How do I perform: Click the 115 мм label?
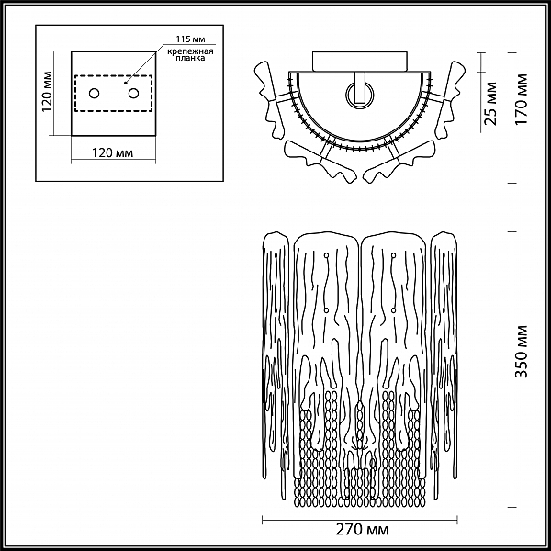point(190,39)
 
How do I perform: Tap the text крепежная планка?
point(190,55)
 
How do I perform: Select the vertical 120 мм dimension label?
point(47,92)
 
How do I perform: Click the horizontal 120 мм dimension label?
point(112,152)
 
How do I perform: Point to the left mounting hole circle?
point(95,94)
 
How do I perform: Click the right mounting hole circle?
point(133,94)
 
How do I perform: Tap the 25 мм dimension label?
point(490,103)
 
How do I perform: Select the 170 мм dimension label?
point(522,99)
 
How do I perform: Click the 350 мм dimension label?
point(522,352)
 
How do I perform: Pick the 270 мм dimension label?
point(362,530)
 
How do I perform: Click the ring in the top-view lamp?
point(360,96)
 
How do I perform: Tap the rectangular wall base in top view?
point(360,62)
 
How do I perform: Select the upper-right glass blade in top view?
point(450,100)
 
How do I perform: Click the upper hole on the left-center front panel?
point(326,254)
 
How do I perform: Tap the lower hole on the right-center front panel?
point(393,310)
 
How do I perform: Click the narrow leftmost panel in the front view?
point(275,358)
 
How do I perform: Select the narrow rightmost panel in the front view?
point(444,358)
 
